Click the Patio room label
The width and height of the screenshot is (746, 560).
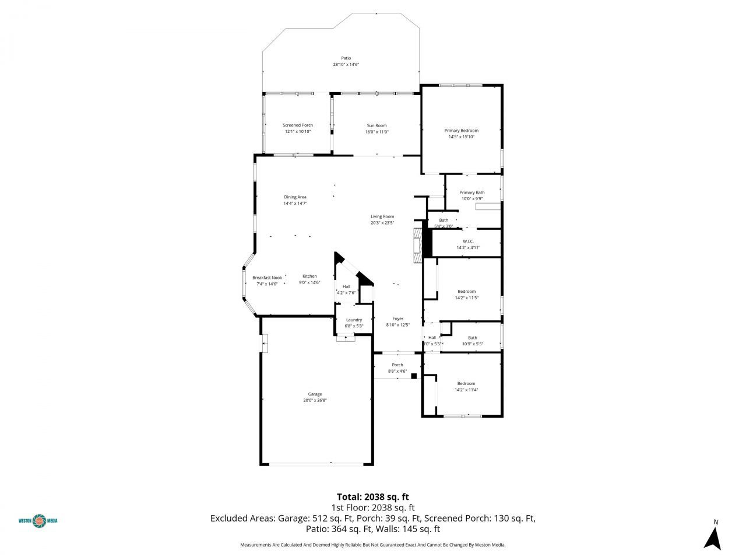[x=346, y=58]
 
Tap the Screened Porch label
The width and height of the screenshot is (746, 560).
[x=298, y=125]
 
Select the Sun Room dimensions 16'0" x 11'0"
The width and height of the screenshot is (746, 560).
[x=376, y=132]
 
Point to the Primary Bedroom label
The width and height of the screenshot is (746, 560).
[x=461, y=131]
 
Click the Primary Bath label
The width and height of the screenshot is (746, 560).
[x=471, y=192]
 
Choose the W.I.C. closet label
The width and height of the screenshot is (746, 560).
[x=468, y=241]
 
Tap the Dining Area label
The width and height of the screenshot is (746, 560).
[x=295, y=197]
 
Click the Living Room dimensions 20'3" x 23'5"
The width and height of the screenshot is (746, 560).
[x=382, y=223]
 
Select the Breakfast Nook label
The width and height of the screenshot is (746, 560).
[x=267, y=278]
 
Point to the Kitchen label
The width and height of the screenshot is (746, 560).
[x=309, y=276]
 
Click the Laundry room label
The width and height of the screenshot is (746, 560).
[x=354, y=320]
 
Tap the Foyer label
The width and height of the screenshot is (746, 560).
[x=398, y=318]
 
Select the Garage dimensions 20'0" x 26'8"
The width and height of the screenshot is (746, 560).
[x=315, y=401]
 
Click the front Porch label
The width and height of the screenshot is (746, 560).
[x=397, y=365]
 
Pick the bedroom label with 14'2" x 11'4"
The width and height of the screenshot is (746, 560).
[x=466, y=383]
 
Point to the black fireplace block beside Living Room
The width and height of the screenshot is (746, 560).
[x=427, y=242]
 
